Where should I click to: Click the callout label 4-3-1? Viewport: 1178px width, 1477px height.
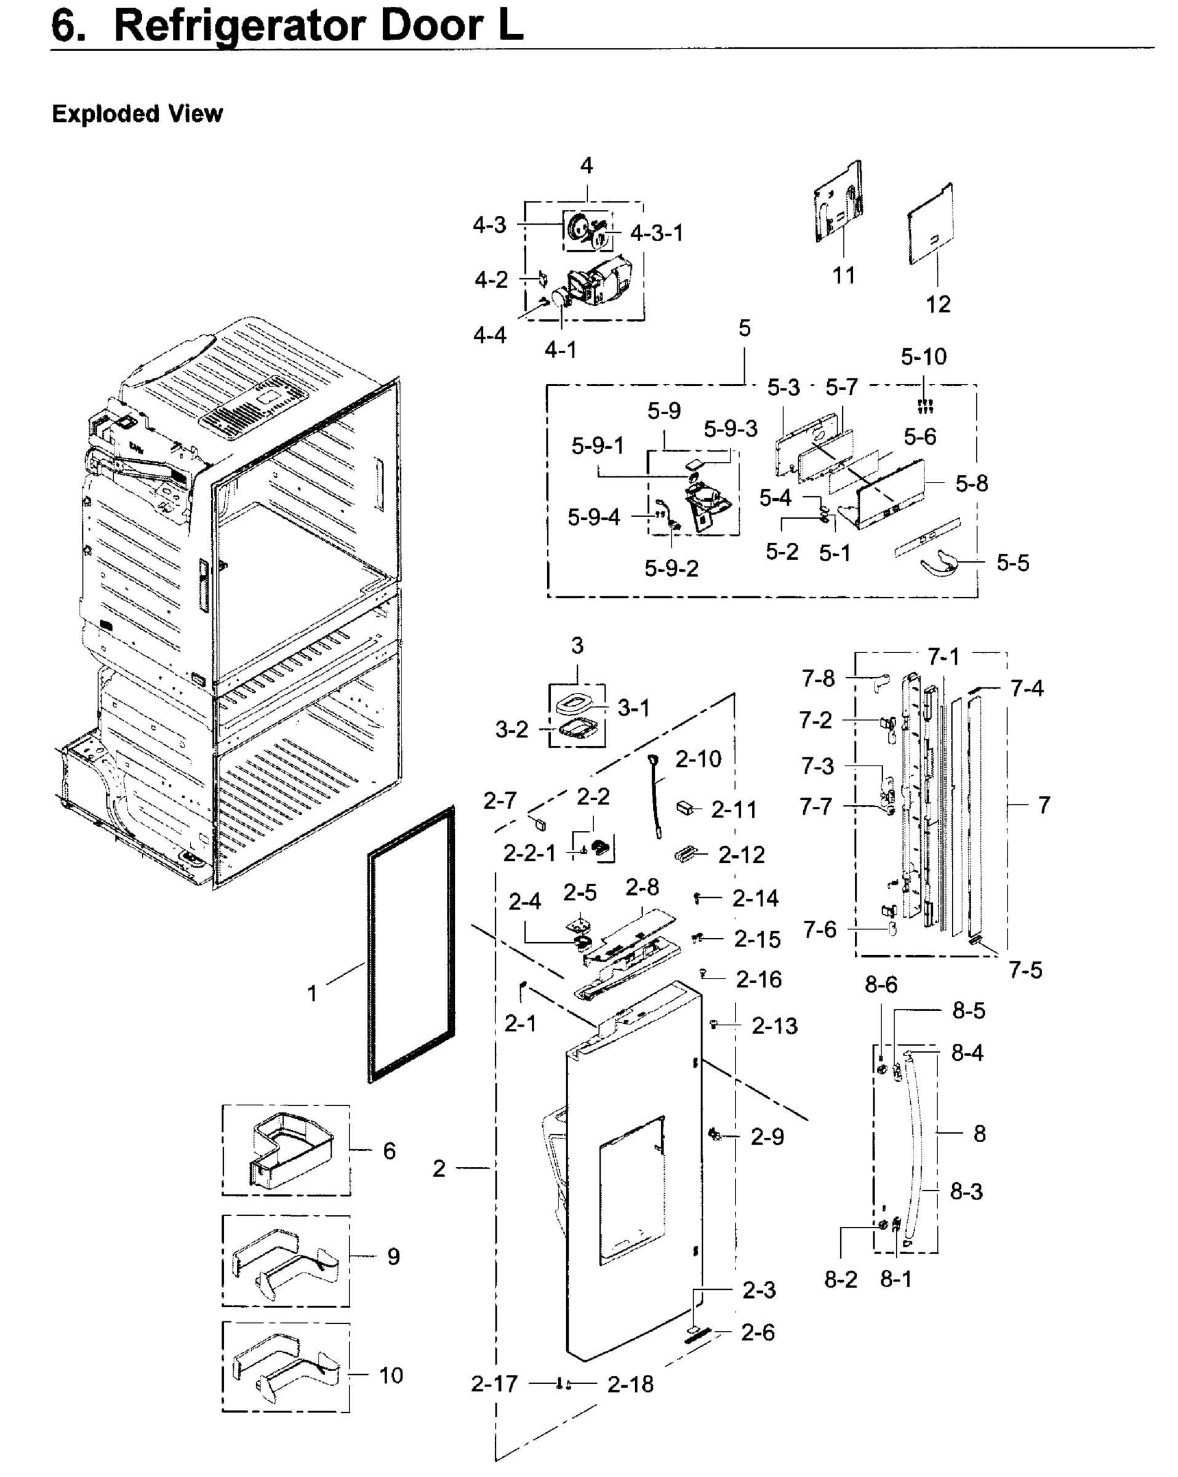point(657,234)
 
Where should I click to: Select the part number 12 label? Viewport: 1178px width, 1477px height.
point(938,304)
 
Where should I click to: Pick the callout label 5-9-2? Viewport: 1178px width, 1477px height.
point(671,568)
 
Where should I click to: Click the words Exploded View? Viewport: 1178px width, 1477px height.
point(137,114)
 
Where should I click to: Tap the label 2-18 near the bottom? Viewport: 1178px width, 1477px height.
point(630,1385)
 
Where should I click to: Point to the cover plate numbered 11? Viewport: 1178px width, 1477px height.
point(838,201)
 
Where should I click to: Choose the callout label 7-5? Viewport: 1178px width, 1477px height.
point(1025,970)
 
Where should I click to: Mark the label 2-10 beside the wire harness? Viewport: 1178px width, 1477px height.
point(699,759)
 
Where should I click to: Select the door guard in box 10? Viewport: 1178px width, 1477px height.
point(286,1367)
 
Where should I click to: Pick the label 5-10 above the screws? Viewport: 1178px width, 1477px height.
point(923,357)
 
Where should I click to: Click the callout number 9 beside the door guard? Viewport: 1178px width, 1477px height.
point(393,1257)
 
